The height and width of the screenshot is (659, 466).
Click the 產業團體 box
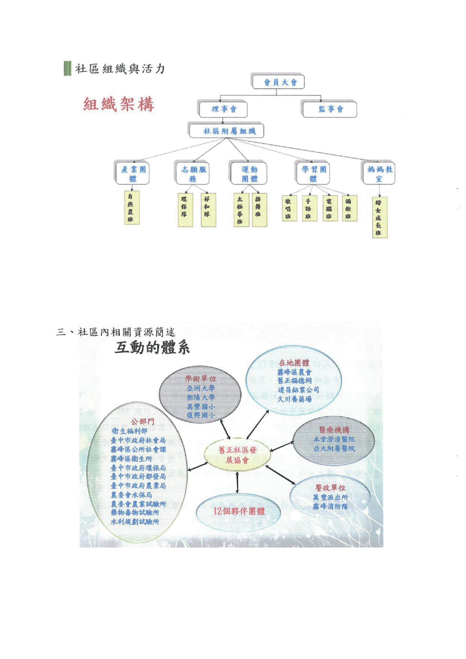pyautogui.click(x=133, y=174)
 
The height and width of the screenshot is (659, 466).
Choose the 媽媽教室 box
pyautogui.click(x=379, y=174)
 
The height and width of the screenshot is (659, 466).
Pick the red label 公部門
pyautogui.click(x=142, y=421)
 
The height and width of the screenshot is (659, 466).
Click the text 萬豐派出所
pyautogui.click(x=330, y=497)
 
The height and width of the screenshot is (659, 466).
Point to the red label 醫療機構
pyautogui.click(x=334, y=430)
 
